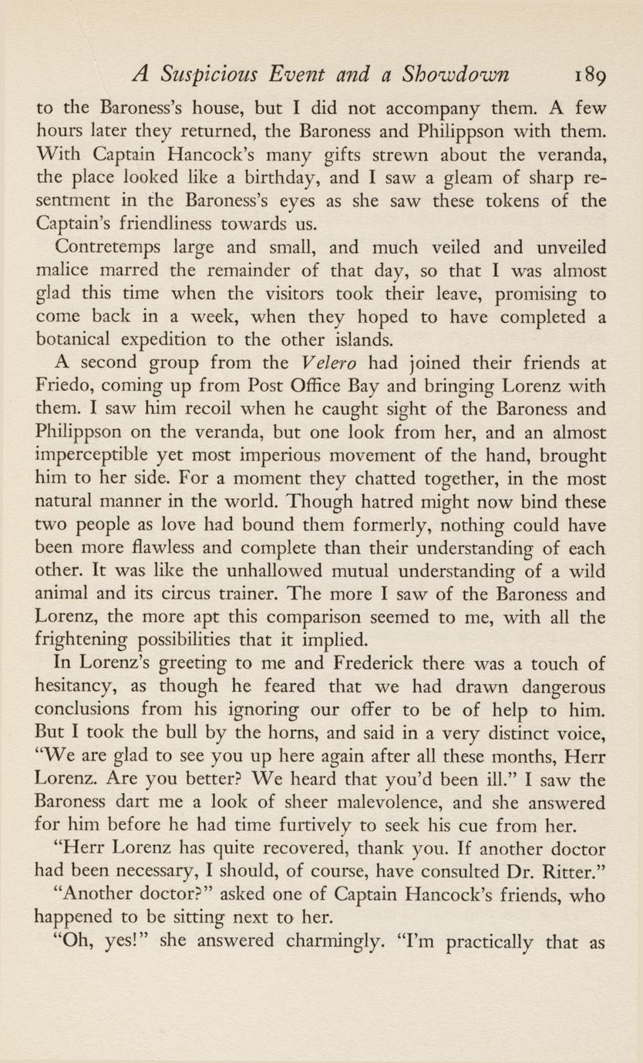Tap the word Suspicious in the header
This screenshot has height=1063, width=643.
(x=207, y=75)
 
